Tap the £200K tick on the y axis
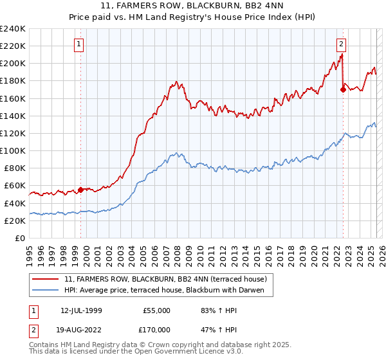(x=13, y=64)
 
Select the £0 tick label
(x=21, y=238)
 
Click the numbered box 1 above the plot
(x=78, y=44)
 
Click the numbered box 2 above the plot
(x=341, y=44)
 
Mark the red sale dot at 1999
(x=80, y=190)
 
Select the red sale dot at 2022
(x=343, y=89)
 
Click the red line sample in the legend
(x=46, y=278)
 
